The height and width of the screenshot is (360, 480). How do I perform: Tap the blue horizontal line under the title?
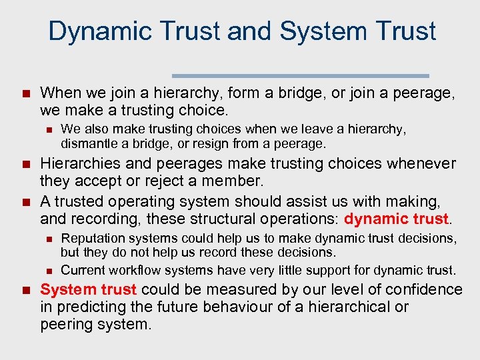tap(300, 75)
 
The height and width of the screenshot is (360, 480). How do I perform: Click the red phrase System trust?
tap(89, 289)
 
